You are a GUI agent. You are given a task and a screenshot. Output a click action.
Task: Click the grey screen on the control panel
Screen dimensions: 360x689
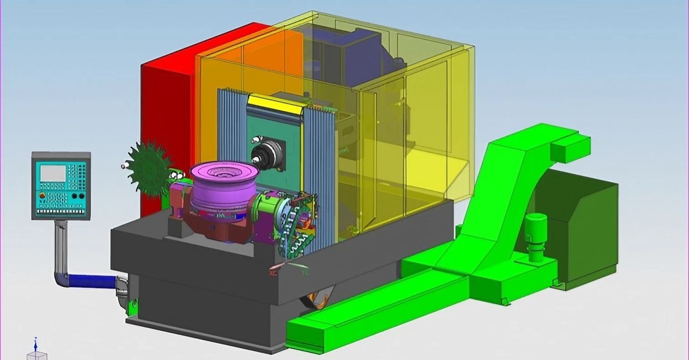pos(53,173)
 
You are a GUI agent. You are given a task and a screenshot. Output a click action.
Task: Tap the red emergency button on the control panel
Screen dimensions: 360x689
pos(42,196)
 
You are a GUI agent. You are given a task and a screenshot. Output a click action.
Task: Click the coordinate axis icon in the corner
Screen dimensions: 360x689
pos(36,349)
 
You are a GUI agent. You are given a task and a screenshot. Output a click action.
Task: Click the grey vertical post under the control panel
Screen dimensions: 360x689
pos(60,245)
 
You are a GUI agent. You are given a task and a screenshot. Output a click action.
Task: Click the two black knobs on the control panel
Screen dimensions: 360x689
pos(76,196)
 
